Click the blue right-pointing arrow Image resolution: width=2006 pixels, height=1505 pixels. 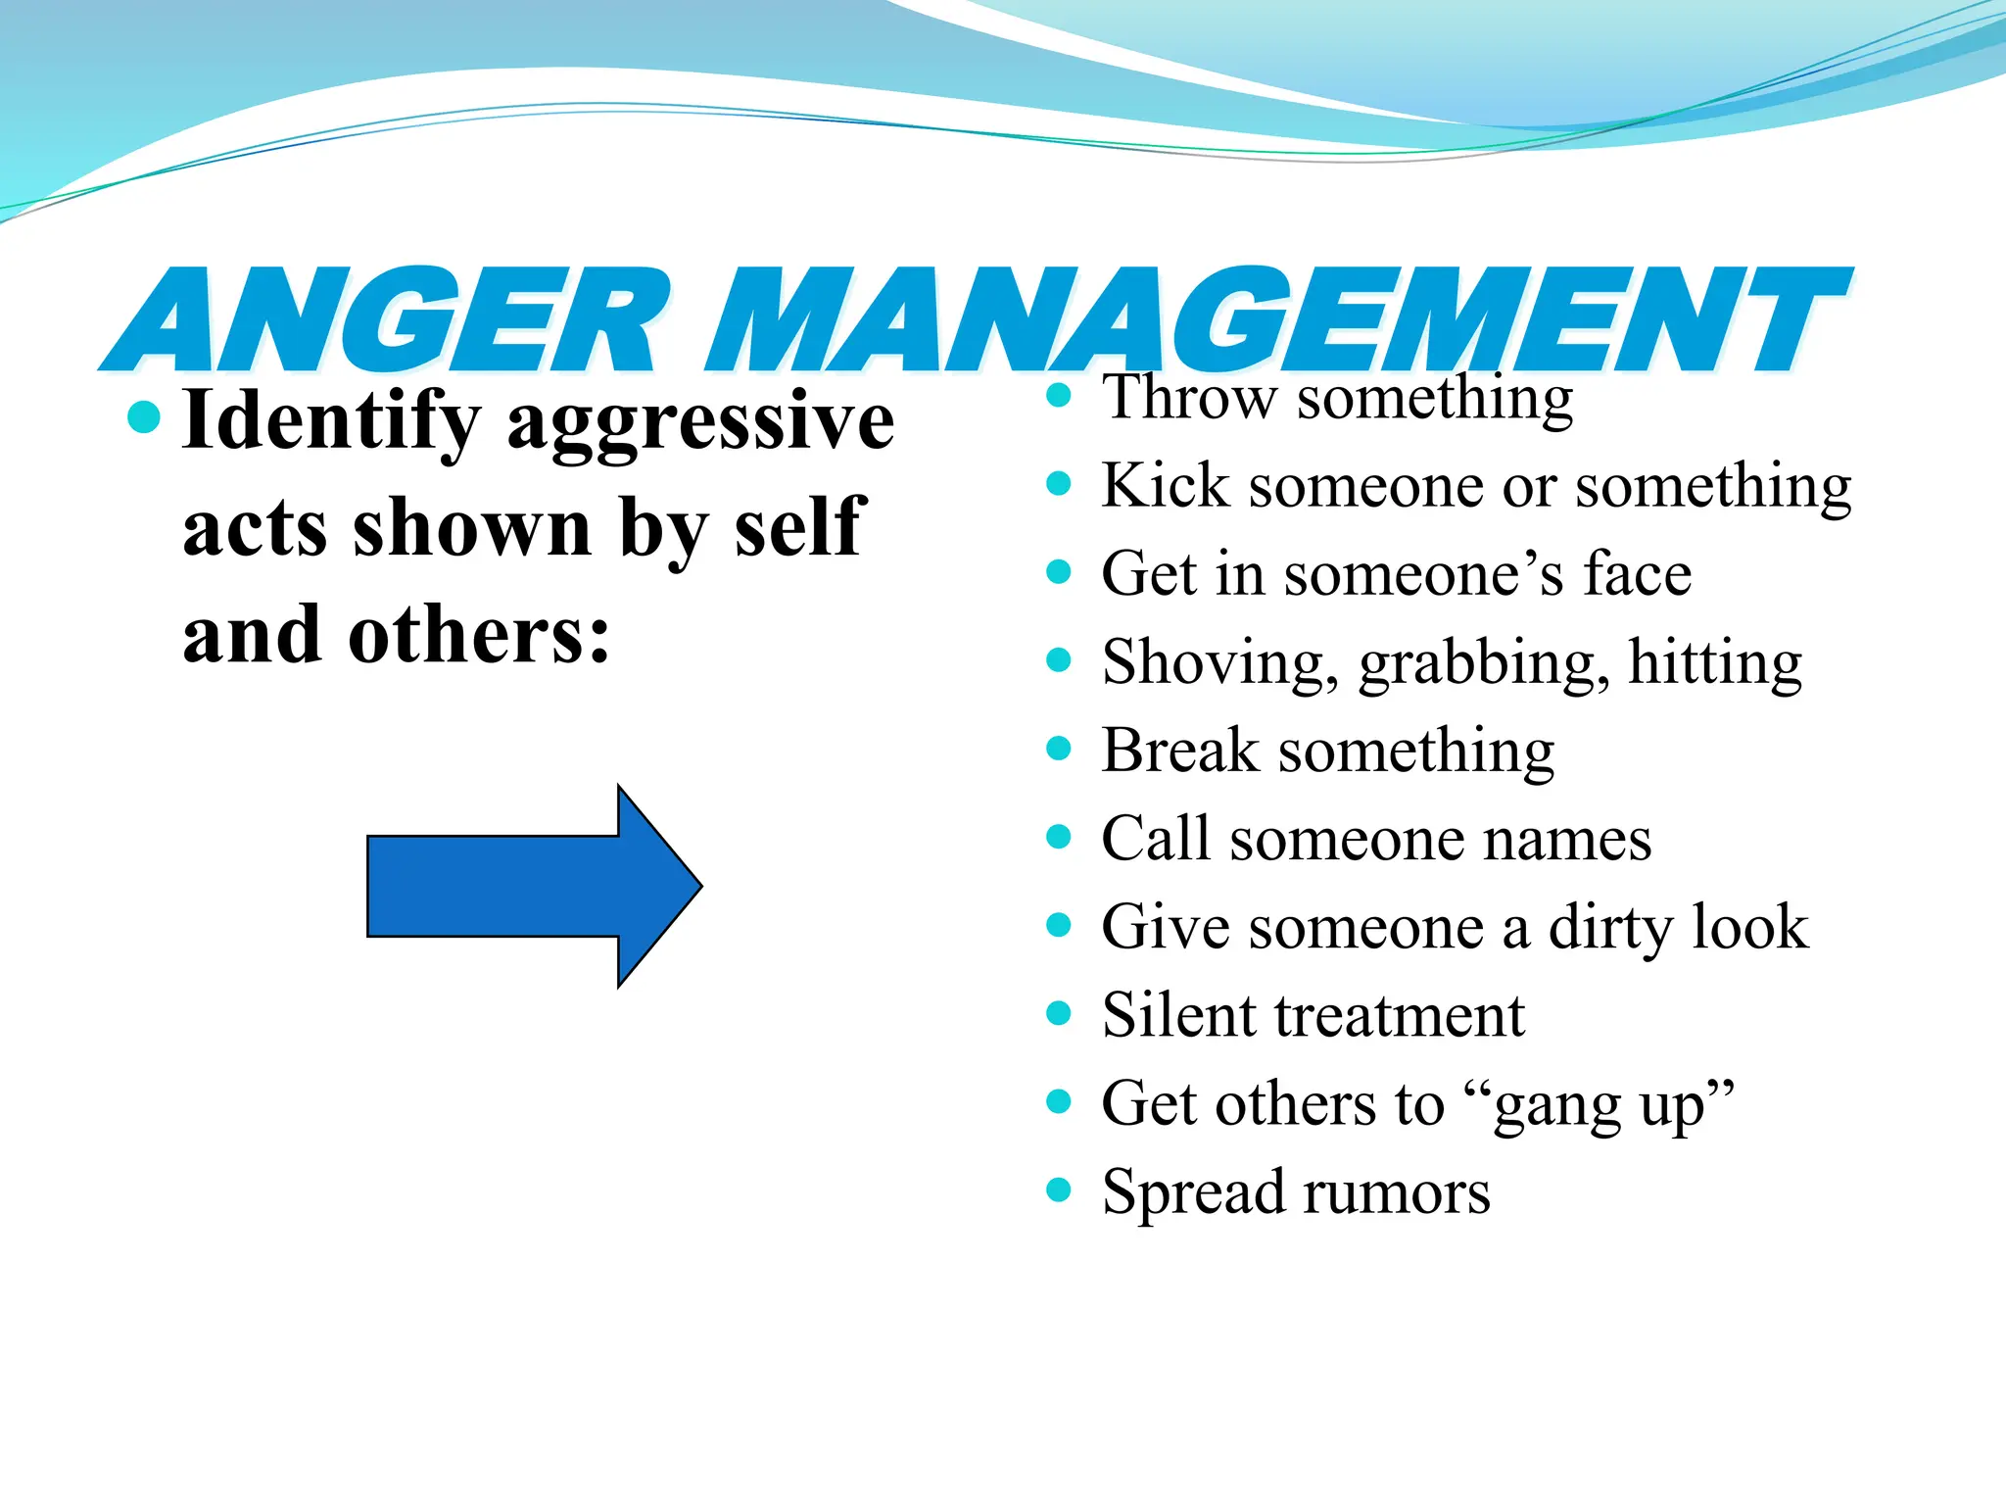click(534, 886)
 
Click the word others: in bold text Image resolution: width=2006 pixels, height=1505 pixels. click(479, 635)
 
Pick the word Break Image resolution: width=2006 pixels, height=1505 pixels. click(1179, 751)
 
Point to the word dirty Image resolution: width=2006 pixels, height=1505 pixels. click(1610, 929)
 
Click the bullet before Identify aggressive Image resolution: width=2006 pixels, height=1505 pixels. click(143, 417)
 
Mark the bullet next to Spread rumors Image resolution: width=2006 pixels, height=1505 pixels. click(1058, 1189)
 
